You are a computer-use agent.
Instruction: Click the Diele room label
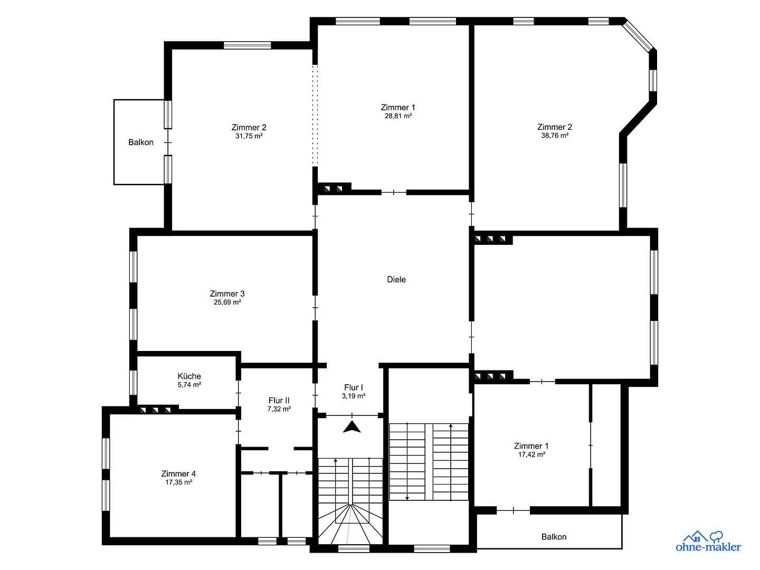[396, 280]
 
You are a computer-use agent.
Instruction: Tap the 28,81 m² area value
[398, 116]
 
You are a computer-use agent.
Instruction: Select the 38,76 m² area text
[555, 136]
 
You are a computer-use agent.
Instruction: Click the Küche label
[189, 376]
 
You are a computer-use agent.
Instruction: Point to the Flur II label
[279, 401]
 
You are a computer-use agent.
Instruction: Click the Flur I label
[354, 388]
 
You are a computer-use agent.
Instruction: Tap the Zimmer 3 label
[227, 294]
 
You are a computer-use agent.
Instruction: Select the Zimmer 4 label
[178, 474]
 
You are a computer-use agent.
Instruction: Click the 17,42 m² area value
[531, 454]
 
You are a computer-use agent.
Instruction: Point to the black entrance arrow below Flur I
[351, 427]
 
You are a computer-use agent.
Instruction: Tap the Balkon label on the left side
[141, 142]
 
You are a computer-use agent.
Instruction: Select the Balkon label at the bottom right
[554, 537]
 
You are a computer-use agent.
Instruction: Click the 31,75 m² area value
[249, 136]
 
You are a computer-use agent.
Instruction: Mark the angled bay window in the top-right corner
[639, 36]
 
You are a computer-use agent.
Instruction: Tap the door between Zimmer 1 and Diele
[394, 193]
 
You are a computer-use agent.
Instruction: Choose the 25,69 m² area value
[227, 303]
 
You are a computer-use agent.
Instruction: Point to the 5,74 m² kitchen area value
[189, 385]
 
